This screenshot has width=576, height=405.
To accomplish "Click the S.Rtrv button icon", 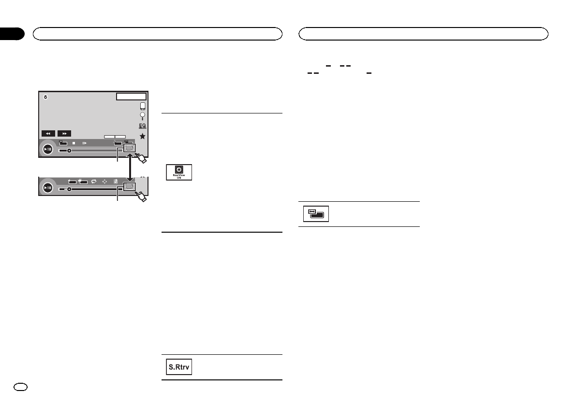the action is click(178, 367).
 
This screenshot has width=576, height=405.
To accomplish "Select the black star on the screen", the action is click(143, 137).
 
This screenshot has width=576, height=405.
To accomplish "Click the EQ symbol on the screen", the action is click(143, 126).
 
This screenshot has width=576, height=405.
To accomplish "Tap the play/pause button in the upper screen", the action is click(48, 149).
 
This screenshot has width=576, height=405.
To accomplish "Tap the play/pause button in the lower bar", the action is click(48, 188).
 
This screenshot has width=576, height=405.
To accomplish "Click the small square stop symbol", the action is click(74, 143).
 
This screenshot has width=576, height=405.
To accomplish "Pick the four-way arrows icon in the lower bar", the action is click(104, 182).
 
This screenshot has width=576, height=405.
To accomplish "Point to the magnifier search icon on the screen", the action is click(143, 116).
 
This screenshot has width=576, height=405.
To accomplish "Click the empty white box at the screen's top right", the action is click(131, 97).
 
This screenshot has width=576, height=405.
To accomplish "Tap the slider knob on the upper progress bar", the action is click(69, 151).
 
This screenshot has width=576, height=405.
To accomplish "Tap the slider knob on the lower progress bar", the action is click(69, 189).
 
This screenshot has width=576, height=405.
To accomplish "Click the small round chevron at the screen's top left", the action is click(45, 97).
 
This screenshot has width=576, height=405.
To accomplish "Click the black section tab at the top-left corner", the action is click(12, 33).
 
